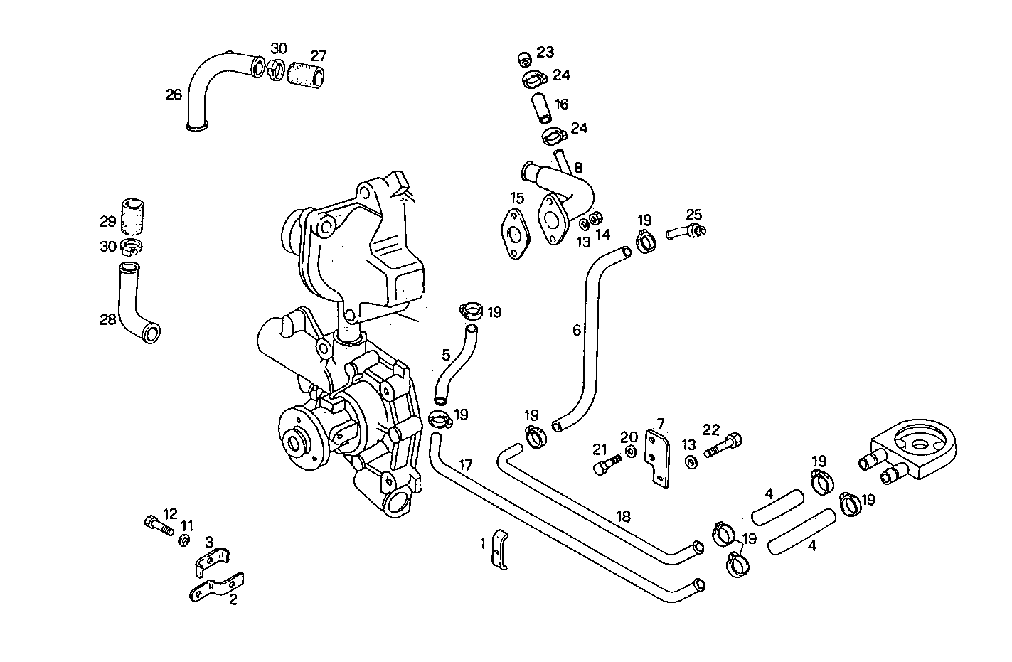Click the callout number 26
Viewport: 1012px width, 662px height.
point(174,94)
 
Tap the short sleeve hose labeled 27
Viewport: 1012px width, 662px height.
point(307,74)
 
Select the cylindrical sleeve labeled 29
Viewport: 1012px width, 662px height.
point(133,216)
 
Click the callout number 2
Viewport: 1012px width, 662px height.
point(233,599)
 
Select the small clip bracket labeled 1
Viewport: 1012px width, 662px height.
point(501,549)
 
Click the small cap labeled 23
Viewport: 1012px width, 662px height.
point(523,58)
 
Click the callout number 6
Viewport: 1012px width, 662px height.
point(577,330)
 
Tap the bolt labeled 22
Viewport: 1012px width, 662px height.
point(723,446)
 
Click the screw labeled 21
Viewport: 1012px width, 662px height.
point(605,466)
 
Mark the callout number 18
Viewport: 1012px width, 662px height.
point(623,516)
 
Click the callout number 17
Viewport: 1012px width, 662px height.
point(465,466)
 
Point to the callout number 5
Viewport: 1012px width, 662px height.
point(446,354)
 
